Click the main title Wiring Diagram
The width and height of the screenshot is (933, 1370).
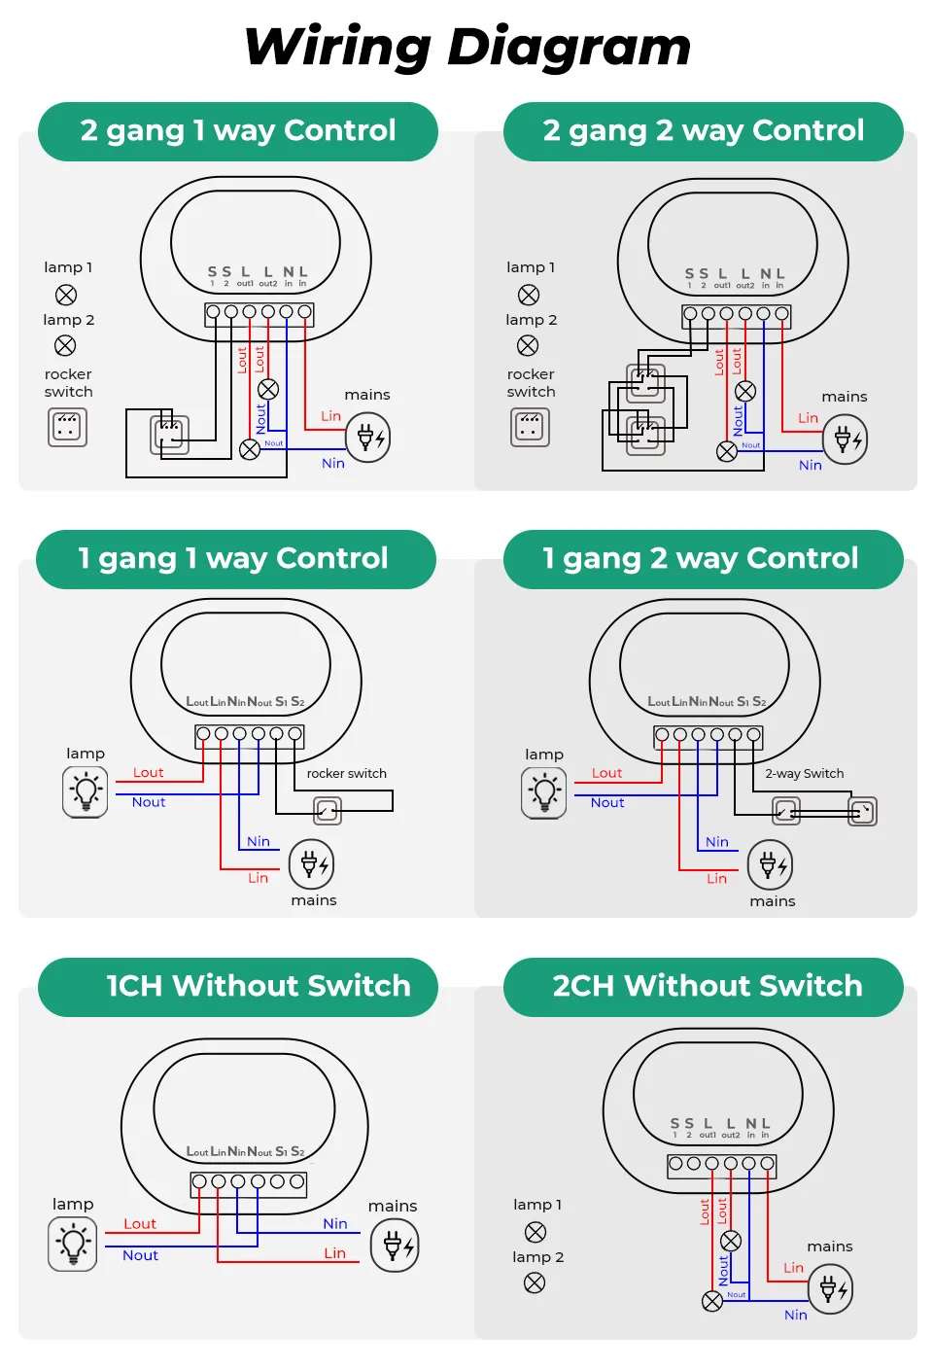click(x=466, y=47)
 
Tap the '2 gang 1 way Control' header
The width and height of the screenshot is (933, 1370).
click(x=238, y=131)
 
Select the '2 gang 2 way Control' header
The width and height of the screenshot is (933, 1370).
click(x=703, y=131)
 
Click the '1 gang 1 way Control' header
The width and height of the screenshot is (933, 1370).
click(x=233, y=559)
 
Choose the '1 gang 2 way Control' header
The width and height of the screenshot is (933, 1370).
click(x=701, y=559)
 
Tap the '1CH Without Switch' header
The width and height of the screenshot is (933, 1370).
click(x=258, y=987)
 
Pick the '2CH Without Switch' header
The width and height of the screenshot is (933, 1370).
click(x=707, y=987)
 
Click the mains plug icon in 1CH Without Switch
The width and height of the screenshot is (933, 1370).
click(x=394, y=1246)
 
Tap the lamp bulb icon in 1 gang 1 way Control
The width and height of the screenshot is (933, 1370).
click(x=86, y=790)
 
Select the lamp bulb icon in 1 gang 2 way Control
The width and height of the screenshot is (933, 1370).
click(x=544, y=791)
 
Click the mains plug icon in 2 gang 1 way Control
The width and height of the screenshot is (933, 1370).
click(x=367, y=438)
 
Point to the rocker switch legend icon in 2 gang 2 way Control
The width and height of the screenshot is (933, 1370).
click(x=531, y=427)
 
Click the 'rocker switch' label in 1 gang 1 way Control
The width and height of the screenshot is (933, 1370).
click(x=346, y=774)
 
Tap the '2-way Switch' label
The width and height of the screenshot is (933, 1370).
click(x=804, y=774)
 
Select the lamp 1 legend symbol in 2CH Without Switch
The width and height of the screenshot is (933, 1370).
click(x=536, y=1232)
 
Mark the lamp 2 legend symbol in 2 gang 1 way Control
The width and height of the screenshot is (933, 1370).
click(x=65, y=345)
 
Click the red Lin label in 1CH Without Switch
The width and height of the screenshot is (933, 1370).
click(x=334, y=1253)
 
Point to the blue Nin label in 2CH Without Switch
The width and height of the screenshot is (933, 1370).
click(x=795, y=1315)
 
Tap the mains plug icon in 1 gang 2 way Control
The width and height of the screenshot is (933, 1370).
click(x=770, y=864)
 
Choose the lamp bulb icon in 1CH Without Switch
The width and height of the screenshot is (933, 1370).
click(x=73, y=1244)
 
